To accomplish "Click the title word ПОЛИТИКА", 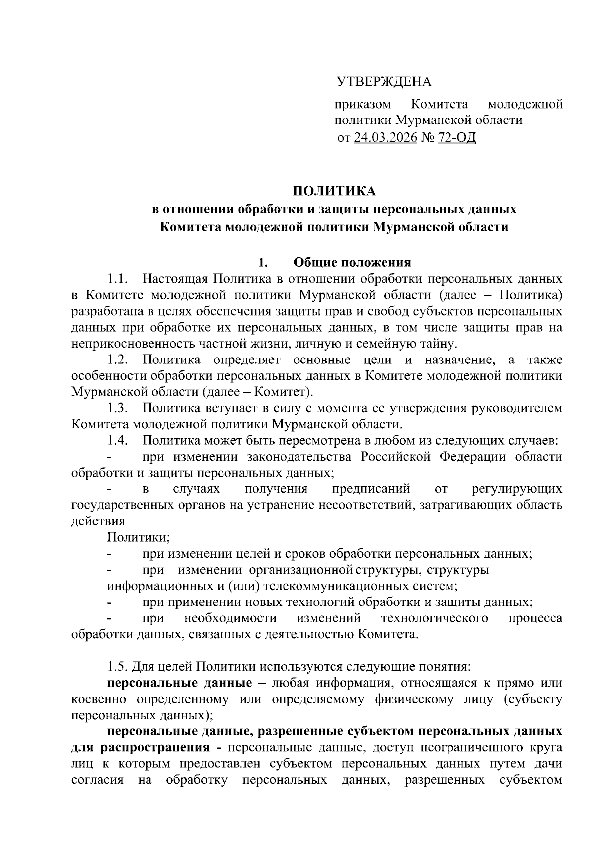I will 333,191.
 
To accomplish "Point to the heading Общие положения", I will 352,262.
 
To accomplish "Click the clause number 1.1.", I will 118,279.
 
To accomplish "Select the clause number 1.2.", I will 118,360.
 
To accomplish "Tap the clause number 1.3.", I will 118,408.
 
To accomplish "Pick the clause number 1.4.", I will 118,441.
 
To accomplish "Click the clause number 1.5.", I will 118,666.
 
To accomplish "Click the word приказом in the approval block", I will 362,105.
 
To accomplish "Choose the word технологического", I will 434,618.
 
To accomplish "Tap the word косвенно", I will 100,699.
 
